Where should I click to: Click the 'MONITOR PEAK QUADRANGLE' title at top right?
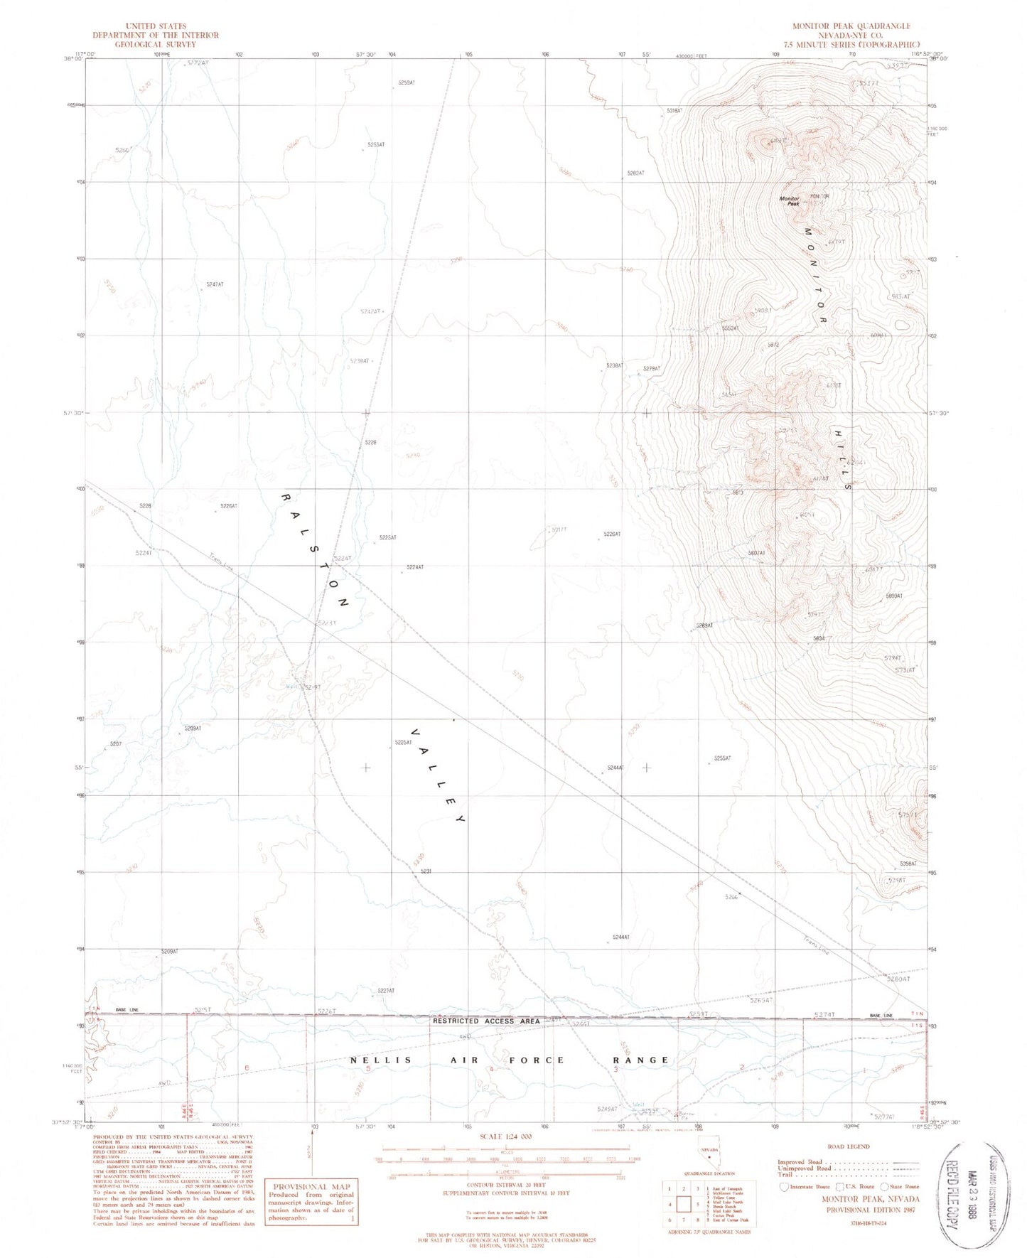coord(851,26)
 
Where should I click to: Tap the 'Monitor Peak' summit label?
coord(790,201)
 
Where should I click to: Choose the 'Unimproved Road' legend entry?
coord(805,1168)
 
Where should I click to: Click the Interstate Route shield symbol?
coord(784,1186)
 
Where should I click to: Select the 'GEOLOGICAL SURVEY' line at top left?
coord(155,43)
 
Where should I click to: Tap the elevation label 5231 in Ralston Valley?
coord(426,871)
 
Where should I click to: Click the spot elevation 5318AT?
coord(674,111)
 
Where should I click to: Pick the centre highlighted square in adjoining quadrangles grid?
coord(684,1204)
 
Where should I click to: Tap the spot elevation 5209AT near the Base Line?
coord(169,951)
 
